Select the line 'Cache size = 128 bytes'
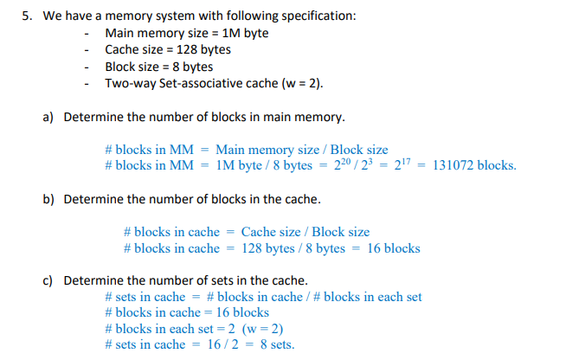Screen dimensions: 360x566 [167, 49]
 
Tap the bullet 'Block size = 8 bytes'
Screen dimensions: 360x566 [158, 66]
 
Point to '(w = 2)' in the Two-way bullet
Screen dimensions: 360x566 [300, 83]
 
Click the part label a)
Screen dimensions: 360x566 [50, 116]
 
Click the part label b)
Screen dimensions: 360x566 [50, 199]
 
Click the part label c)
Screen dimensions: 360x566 [50, 280]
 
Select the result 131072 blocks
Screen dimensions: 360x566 [473, 165]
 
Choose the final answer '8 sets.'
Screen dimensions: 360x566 [271, 344]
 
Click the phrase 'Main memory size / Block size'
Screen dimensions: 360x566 [301, 150]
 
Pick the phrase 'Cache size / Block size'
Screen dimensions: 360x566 [305, 232]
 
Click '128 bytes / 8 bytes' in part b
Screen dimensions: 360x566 [293, 248]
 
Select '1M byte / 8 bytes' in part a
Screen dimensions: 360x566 [263, 165]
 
